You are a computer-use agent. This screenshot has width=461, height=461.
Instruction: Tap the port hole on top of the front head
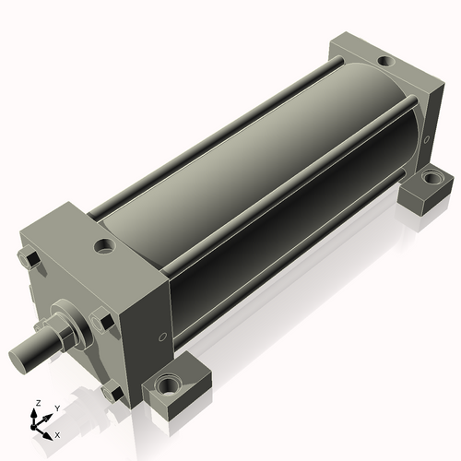point(105,246)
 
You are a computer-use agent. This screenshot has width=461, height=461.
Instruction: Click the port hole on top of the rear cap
point(386,61)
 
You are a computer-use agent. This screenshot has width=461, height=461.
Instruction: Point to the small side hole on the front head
point(162,337)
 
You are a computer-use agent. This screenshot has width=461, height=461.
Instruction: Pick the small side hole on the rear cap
point(426,140)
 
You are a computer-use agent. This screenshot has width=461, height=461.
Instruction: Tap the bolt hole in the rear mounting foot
point(432,177)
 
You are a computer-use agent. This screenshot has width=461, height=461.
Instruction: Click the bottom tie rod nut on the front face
point(112,392)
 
